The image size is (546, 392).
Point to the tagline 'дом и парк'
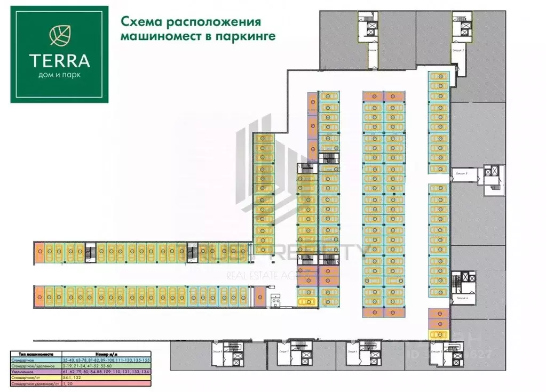tap(59, 74)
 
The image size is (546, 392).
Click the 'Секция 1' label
tap(372, 49)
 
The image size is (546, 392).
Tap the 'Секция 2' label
tap(458, 49)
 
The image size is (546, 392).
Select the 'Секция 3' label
tap(461, 173)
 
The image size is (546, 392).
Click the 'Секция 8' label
tap(231, 352)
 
